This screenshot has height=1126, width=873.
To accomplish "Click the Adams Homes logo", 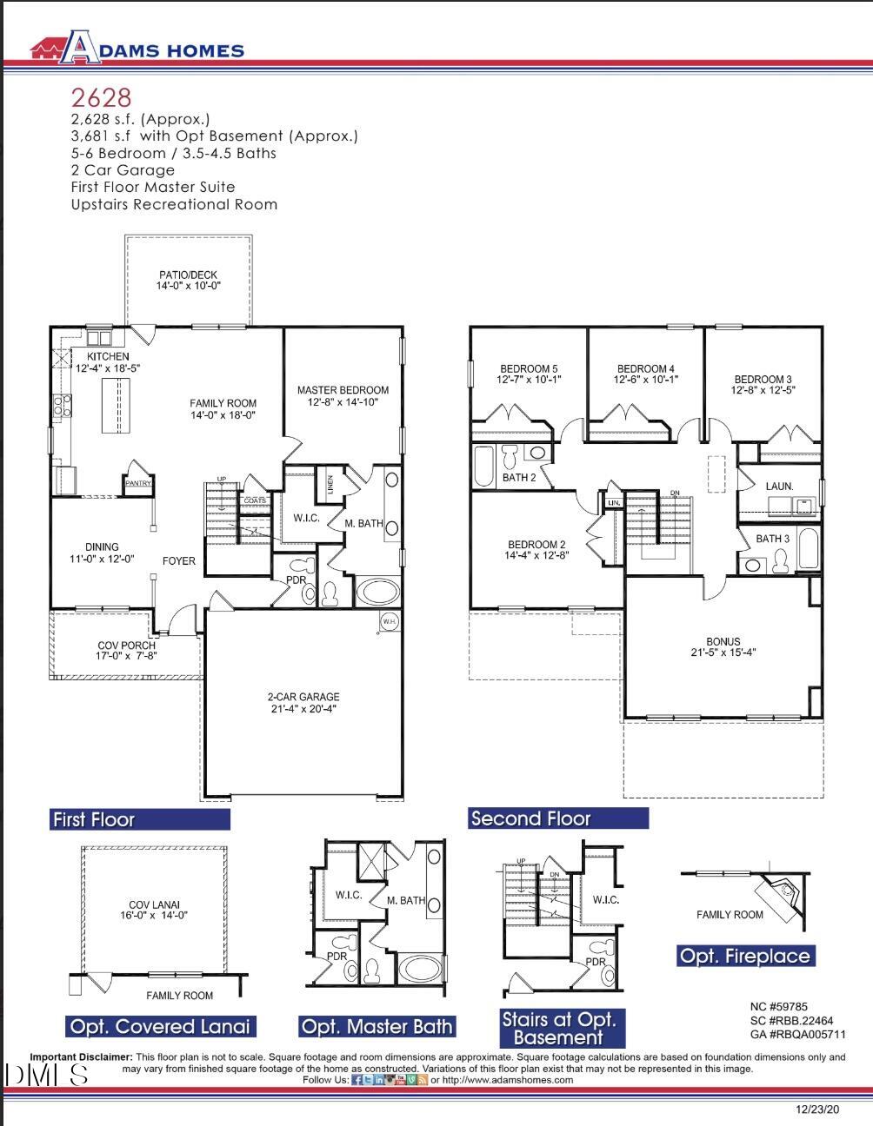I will coord(137,49).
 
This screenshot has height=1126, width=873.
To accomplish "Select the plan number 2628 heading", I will coord(101,96).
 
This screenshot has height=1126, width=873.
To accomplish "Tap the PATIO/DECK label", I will coord(188,275).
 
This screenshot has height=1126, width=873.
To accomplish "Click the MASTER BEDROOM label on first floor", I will coord(343,390).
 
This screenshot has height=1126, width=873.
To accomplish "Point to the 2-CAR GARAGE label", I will coord(303,697).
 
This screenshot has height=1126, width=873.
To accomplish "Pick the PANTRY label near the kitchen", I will coord(138,483).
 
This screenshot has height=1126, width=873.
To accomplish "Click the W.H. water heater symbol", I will coord(389,621).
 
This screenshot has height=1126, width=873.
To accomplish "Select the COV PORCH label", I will coord(126,646).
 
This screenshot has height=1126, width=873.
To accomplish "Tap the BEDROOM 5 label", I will coord(529,368).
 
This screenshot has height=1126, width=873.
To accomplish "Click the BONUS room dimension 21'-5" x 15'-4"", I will coord(723,652).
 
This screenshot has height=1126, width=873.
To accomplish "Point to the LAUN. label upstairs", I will coord(779,486).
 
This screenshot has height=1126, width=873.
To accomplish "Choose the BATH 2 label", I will coord(519,478).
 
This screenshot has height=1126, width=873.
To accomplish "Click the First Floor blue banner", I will coord(140,819).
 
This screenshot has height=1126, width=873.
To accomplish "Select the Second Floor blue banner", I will coord(558,818).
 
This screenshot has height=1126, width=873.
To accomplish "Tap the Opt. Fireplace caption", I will coord(744,956).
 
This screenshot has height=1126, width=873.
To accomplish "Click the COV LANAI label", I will coord(153,904).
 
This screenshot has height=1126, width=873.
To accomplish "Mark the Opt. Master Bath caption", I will coord(377,1026).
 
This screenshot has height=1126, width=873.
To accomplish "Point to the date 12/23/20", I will coord(817,1109).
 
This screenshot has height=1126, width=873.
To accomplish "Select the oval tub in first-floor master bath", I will coord(377,593).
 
